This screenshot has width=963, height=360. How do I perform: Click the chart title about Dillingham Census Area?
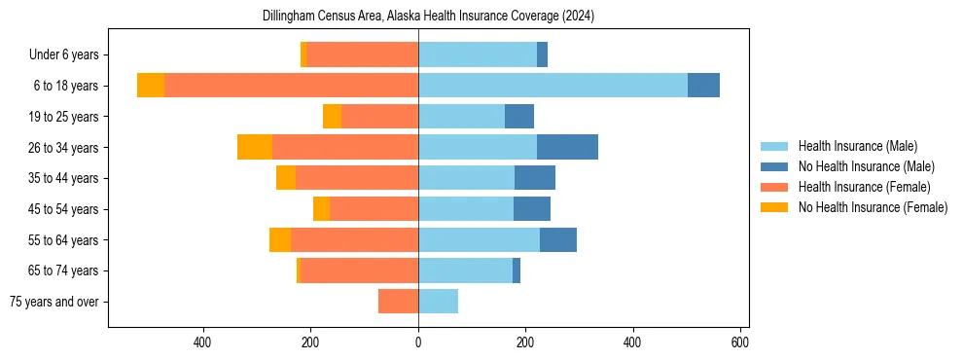[428, 17]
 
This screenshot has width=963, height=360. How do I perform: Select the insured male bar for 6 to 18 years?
[553, 86]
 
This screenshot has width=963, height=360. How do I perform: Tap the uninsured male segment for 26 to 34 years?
[567, 147]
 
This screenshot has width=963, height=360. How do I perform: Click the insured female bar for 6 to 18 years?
[291, 86]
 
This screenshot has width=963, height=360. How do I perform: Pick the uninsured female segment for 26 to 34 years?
[255, 147]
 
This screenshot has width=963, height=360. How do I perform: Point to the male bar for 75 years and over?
[438, 302]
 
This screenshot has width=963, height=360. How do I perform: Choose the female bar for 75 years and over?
[399, 302]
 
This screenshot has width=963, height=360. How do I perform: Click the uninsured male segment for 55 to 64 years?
[558, 239]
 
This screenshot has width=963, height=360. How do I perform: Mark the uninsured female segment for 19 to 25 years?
[332, 117]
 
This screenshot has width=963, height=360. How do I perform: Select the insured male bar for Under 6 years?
[478, 54]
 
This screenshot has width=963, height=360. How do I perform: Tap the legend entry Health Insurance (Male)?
[857, 146]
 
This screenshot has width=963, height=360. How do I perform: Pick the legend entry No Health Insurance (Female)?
[873, 207]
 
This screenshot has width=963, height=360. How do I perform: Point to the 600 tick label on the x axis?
[740, 342]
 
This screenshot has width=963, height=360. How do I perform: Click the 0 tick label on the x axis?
[418, 342]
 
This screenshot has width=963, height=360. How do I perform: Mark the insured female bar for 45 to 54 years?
[374, 209]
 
